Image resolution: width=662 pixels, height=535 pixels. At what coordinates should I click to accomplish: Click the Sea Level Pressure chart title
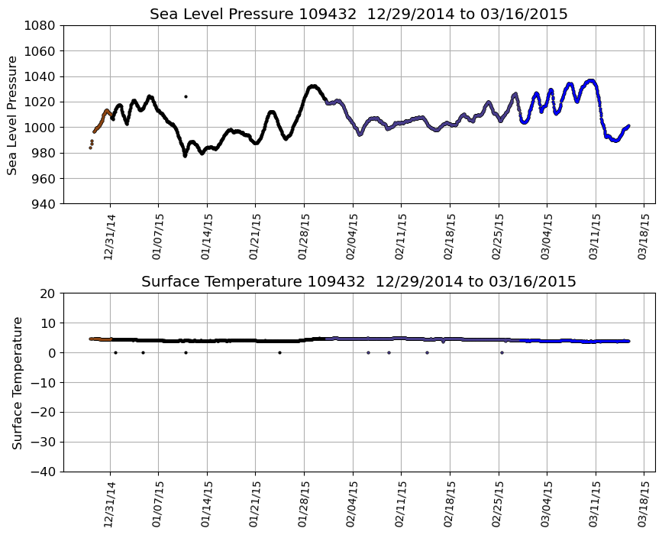[358, 15]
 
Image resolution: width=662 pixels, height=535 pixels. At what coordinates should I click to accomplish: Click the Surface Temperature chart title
[358, 282]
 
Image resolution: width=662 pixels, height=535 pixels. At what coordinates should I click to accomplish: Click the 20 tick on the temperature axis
[48, 293]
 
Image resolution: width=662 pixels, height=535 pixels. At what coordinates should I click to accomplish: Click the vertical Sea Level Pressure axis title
[13, 115]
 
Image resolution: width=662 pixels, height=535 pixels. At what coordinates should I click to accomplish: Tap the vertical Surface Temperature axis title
[17, 382]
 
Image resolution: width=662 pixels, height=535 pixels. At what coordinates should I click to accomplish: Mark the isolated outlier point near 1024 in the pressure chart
[186, 96]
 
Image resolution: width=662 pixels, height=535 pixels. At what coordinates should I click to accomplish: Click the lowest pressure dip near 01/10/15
[185, 155]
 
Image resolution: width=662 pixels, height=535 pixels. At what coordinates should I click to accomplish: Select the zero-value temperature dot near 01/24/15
[279, 352]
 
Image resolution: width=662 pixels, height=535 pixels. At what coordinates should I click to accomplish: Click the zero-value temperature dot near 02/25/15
[502, 352]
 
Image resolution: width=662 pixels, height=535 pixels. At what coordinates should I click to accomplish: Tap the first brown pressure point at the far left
[90, 148]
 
